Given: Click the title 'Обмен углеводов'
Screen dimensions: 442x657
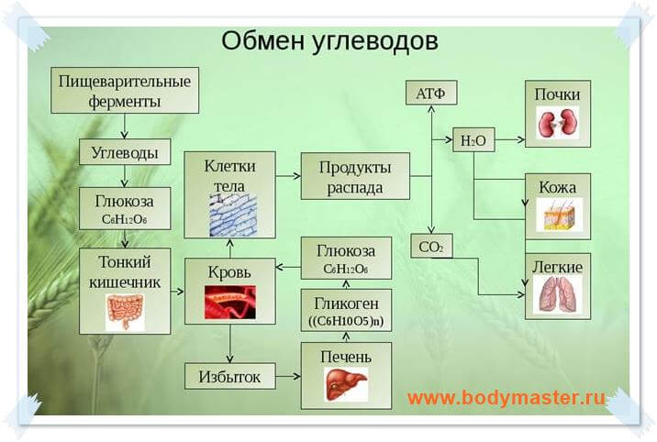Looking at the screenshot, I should (329, 41).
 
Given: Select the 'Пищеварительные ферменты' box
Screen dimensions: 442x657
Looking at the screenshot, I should (125, 91).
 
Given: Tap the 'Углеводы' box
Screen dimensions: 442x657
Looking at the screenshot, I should (125, 152).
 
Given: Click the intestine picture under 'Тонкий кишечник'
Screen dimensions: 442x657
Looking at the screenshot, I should (125, 310).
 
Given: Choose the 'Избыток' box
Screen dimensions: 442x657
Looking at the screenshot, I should (230, 375).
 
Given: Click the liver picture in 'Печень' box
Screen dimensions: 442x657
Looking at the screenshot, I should (346, 383).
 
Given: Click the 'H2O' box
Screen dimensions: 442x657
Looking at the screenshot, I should (473, 140).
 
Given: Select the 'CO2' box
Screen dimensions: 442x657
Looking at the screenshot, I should (430, 246).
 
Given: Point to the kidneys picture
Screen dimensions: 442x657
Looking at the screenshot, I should (557, 123).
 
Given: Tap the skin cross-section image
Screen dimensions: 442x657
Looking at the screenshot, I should (557, 215).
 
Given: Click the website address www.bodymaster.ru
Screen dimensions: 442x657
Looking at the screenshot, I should (507, 399).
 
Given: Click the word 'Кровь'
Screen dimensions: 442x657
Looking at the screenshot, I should (230, 271).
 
